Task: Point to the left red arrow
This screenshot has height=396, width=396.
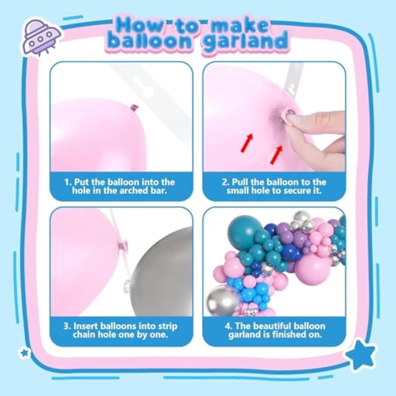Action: tap(247, 143)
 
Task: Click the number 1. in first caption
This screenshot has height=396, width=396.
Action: tap(68, 182)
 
